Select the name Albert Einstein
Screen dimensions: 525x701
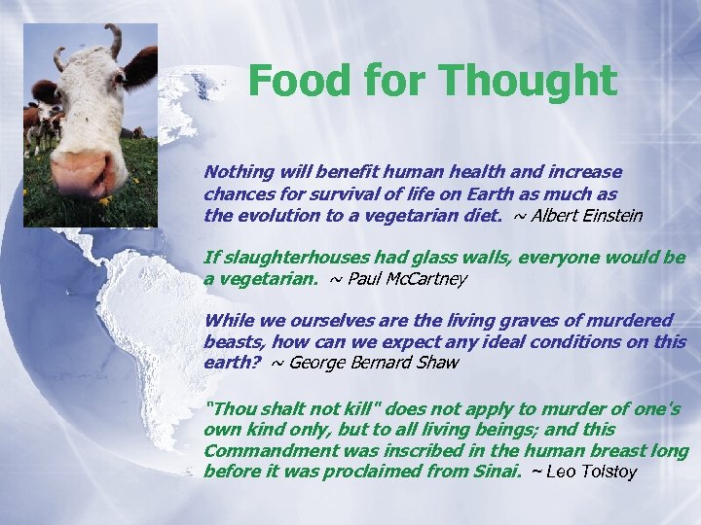point(587,216)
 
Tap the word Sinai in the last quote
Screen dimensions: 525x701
point(496,472)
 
